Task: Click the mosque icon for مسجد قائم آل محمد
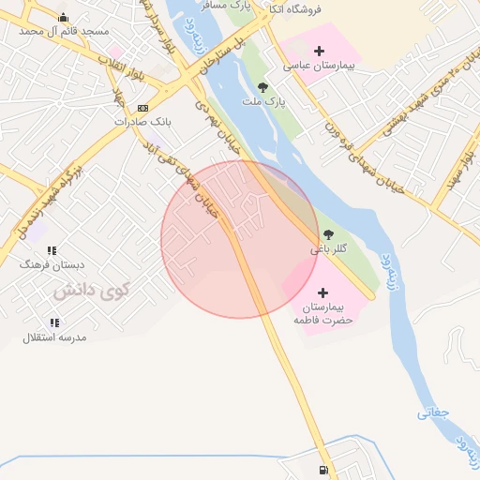(63, 17)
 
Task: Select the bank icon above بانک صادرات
(142, 108)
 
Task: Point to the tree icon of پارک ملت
(275, 86)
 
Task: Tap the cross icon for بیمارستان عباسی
(320, 51)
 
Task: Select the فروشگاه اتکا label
(294, 8)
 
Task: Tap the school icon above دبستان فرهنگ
(52, 250)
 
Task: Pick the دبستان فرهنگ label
(45, 264)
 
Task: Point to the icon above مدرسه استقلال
(54, 322)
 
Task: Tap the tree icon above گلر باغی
(328, 234)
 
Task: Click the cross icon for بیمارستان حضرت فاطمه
(324, 292)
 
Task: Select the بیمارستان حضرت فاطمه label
(323, 313)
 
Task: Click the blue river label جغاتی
(434, 412)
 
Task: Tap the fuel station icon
(323, 470)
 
